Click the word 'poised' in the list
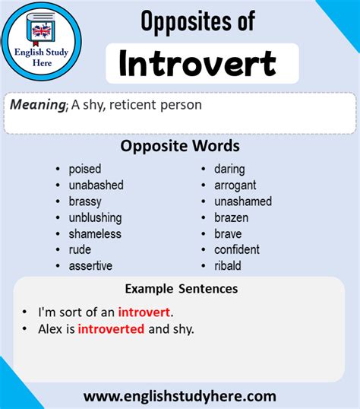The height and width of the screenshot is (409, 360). click(84, 169)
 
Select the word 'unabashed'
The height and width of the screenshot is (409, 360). click(96, 185)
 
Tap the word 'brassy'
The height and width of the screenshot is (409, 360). click(85, 201)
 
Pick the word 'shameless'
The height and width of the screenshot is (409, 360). click(95, 233)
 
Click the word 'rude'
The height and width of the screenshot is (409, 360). click(80, 249)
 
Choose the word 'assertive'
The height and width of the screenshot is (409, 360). click(90, 265)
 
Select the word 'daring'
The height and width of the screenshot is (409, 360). click(229, 169)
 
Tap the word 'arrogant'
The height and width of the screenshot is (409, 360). click(235, 185)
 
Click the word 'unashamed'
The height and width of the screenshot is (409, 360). click(242, 201)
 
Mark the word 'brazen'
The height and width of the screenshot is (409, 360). click(231, 217)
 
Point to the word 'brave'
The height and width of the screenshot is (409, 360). click(228, 233)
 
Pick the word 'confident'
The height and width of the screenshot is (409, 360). click(236, 249)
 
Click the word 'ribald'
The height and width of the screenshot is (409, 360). click(228, 265)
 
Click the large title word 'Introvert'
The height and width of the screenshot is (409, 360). click(197, 65)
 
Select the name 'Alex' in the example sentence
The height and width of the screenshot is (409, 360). click(50, 328)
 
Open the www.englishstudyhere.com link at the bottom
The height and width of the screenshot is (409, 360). click(179, 396)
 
